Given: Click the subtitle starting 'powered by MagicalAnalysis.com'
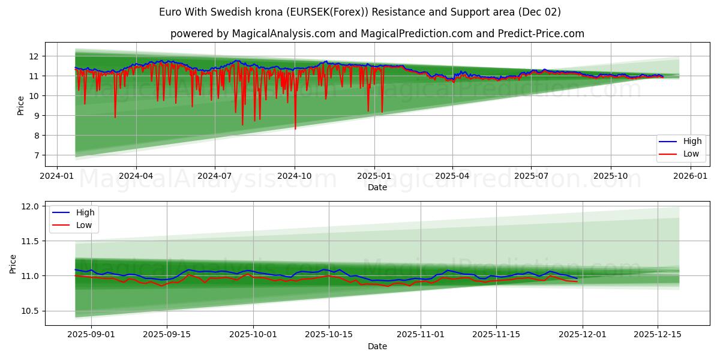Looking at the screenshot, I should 377,34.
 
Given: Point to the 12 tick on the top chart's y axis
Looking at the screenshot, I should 34,56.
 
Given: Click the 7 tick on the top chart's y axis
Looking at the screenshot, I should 36,155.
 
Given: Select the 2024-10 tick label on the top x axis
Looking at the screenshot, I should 294,176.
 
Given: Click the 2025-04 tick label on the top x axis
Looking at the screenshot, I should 452,176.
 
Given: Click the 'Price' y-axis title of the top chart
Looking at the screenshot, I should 20,106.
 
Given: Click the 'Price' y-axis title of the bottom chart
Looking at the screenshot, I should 13,264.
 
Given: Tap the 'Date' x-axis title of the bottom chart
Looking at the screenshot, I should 377,346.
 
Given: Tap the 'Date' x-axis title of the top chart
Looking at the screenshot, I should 377,187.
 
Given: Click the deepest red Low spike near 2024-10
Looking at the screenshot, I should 295,128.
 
